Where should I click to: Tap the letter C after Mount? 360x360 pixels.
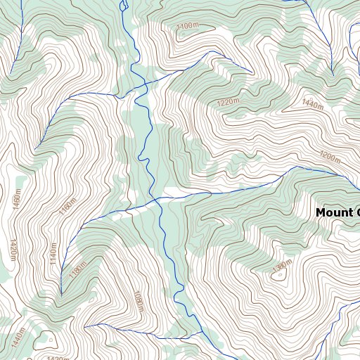coord(356,212)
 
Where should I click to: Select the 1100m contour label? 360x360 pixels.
coord(188,27)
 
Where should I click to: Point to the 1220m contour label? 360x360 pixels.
coord(229,103)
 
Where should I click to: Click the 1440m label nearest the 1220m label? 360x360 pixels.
coord(312,105)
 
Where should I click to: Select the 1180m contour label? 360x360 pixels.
coord(77,270)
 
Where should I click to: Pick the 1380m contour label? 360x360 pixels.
coord(281,266)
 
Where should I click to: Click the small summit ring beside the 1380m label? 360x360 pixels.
coord(278,276)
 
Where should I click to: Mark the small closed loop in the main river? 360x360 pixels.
coord(124,6)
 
